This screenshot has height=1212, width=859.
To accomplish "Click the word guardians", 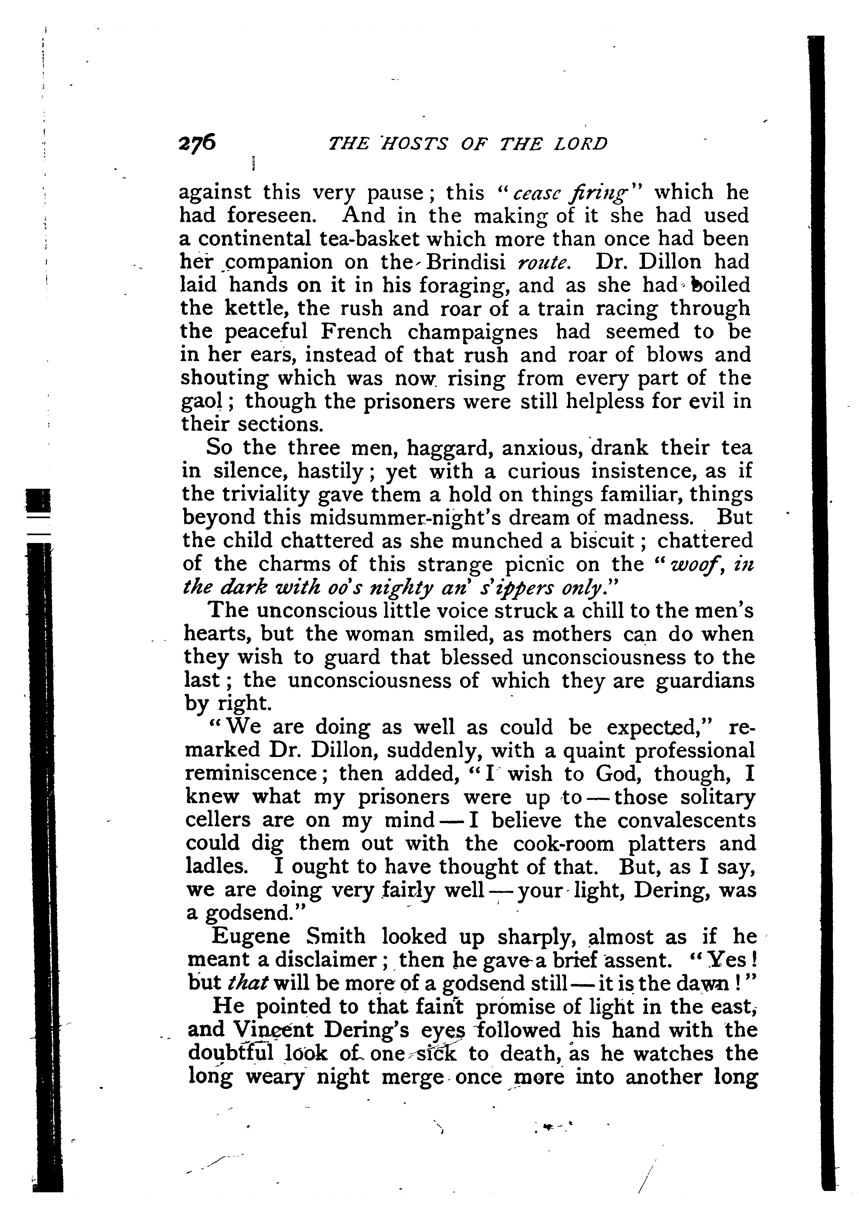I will coord(705,681).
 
